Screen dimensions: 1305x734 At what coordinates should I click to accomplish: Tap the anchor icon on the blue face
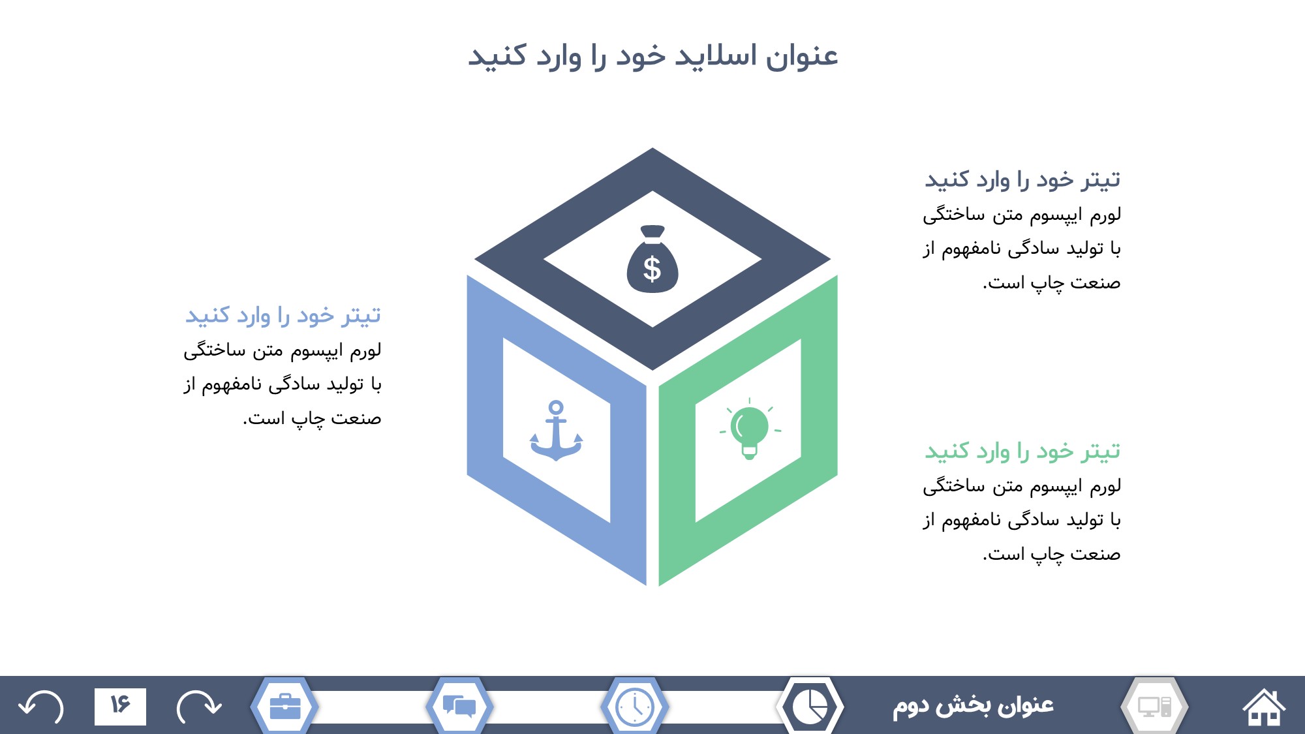click(x=556, y=431)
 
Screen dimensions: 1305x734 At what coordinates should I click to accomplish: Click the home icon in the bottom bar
click(x=1264, y=707)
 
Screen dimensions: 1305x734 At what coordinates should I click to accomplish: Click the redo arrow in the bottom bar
click(x=199, y=707)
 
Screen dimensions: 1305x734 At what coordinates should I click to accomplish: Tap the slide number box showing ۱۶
click(x=120, y=706)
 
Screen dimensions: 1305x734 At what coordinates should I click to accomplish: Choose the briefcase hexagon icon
click(x=284, y=707)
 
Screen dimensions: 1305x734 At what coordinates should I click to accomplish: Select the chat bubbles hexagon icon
click(x=459, y=707)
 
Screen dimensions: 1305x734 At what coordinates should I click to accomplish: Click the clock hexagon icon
click(x=634, y=707)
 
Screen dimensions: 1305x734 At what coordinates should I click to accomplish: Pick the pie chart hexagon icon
click(x=810, y=707)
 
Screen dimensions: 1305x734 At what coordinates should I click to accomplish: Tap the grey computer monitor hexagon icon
click(x=1154, y=707)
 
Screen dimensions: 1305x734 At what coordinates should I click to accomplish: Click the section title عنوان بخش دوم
click(x=973, y=706)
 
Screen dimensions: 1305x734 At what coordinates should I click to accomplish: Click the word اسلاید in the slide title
click(x=714, y=55)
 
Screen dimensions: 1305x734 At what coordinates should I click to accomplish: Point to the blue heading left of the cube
click(x=283, y=316)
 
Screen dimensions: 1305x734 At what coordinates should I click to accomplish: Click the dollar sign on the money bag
click(x=652, y=269)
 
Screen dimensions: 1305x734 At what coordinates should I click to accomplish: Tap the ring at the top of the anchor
click(x=556, y=408)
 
